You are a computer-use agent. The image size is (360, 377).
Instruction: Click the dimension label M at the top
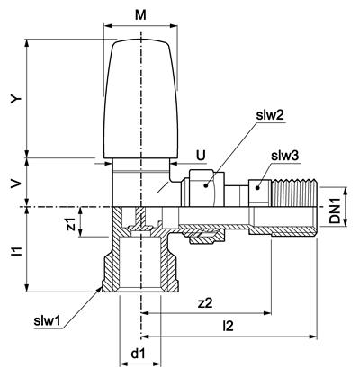[140, 15]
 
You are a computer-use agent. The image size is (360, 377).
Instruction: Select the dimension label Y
[15, 98]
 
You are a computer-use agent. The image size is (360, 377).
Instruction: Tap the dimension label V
[15, 184]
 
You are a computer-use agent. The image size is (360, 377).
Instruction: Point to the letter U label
[201, 156]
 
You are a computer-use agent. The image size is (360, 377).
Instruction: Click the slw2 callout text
[270, 116]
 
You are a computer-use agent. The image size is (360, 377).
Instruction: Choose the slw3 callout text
[284, 156]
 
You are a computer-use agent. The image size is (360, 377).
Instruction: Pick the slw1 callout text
[47, 321]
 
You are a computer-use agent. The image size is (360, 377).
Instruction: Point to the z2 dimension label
[205, 303]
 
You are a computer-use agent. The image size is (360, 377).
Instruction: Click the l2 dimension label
[229, 327]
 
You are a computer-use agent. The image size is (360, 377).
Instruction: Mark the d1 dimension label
[139, 354]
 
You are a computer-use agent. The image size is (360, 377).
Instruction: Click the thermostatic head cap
[140, 99]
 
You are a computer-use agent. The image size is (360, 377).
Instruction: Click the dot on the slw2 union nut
[206, 185]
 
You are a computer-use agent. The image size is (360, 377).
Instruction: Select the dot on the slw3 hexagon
[257, 188]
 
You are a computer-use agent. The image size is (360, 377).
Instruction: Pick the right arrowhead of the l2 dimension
[313, 337]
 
